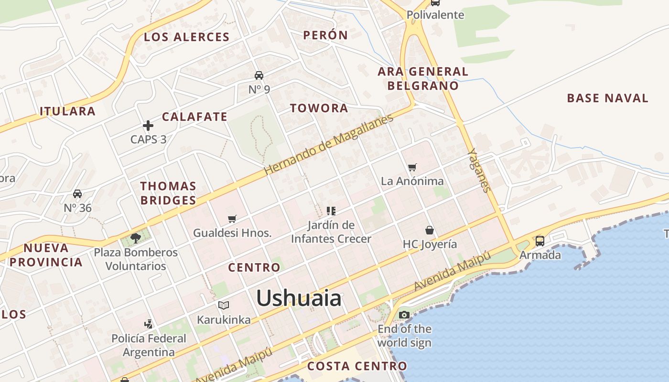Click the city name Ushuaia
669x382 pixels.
point(299,298)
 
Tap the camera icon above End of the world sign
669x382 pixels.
point(404,315)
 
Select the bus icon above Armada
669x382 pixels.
point(540,241)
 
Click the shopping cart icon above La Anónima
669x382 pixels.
point(412,167)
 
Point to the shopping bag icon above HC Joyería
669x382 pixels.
point(430,230)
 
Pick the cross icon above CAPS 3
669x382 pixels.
point(148,126)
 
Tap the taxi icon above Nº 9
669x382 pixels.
point(259,75)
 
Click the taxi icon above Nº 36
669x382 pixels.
point(77,193)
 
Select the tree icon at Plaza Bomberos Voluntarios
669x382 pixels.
point(135,238)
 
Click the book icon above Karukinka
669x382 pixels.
point(223,305)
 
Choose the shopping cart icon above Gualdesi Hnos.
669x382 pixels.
point(232,219)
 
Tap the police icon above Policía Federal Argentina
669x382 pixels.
point(149,324)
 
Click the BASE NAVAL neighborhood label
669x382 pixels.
point(607,98)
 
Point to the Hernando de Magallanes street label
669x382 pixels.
point(329,144)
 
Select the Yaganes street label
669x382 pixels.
point(479,170)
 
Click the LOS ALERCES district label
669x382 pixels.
point(187,37)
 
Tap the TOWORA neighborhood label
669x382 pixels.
point(319,108)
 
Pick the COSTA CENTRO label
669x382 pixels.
point(357,366)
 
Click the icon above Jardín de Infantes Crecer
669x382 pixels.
point(331,211)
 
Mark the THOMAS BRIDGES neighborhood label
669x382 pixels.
point(168,193)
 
